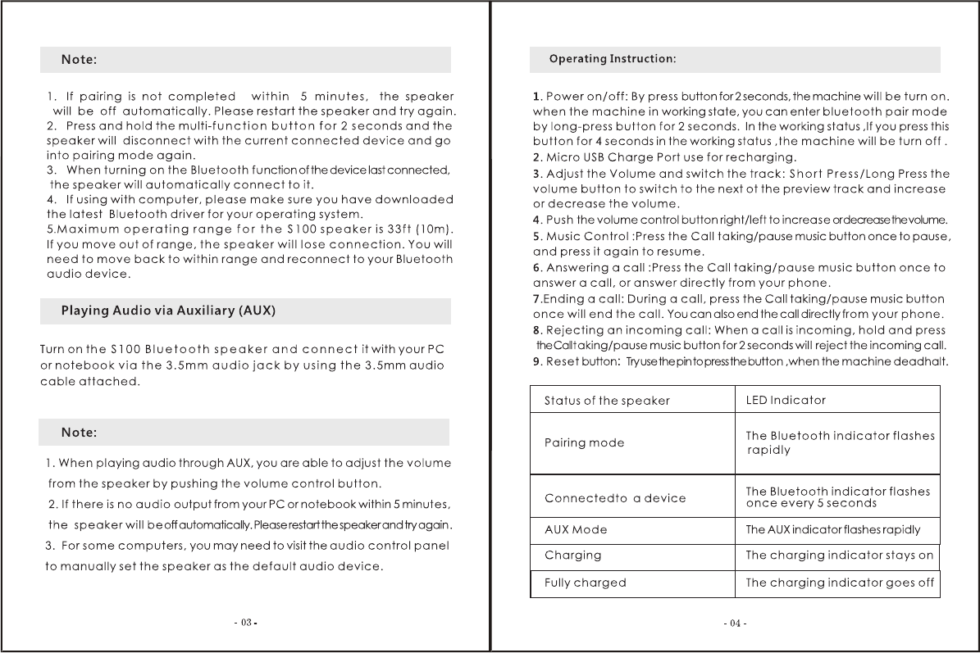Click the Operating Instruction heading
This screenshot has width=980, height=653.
(x=612, y=59)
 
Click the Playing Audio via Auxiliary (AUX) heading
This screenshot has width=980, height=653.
(x=168, y=311)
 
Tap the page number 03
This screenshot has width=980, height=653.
(x=246, y=624)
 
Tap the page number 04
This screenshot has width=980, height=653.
(x=735, y=624)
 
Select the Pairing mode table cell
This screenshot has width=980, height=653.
(x=584, y=443)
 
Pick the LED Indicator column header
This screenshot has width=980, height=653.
(x=786, y=400)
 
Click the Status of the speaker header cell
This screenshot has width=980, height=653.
(x=607, y=401)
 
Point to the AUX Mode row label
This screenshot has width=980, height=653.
(x=576, y=530)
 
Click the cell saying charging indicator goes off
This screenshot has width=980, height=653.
(x=839, y=583)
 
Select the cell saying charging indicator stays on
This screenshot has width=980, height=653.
(x=839, y=556)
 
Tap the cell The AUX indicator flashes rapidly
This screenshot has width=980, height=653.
(x=832, y=530)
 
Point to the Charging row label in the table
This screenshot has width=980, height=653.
(x=572, y=556)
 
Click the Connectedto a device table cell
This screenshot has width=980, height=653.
(x=615, y=498)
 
